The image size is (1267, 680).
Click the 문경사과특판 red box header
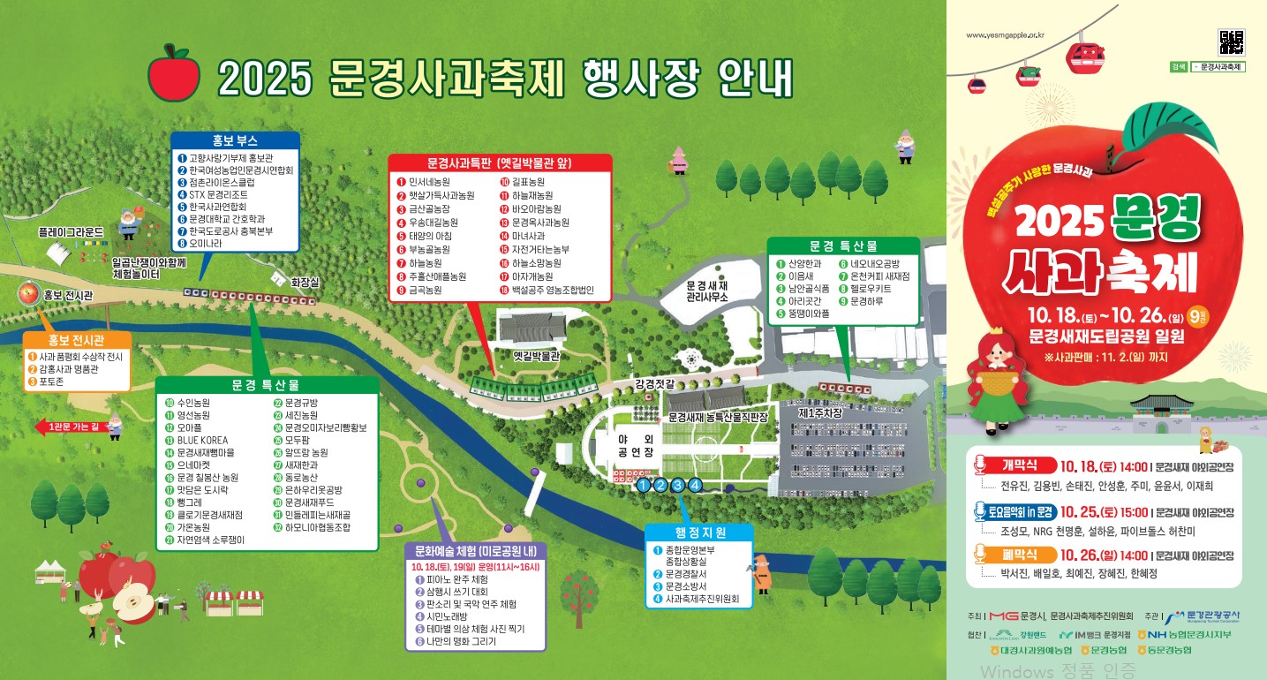(x=500, y=163)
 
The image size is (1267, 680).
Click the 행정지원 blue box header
(x=700, y=533)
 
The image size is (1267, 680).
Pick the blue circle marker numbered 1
(x=644, y=484)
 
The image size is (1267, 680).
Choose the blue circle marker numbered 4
(x=695, y=484)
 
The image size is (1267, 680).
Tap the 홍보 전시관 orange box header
(x=77, y=340)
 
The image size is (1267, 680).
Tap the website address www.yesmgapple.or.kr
(x=1006, y=36)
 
